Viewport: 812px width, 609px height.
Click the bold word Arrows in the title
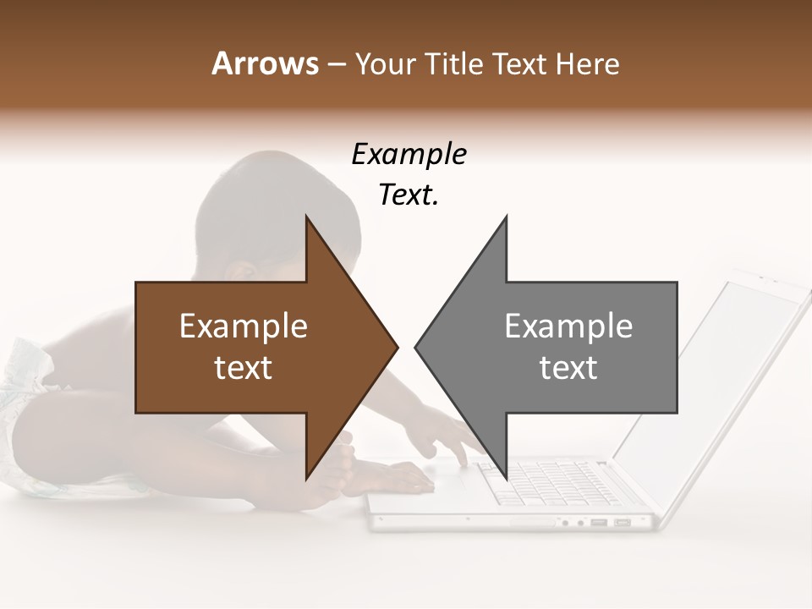[265, 63]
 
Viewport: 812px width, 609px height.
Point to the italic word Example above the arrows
[409, 155]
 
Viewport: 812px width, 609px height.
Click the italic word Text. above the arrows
[409, 195]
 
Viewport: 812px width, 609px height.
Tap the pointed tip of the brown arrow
[396, 347]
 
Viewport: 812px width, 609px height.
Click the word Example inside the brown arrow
[244, 326]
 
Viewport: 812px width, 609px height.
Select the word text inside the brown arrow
[244, 367]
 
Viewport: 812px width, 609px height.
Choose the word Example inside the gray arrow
[568, 326]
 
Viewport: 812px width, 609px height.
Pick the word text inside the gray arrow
[568, 367]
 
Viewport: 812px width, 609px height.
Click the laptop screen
[719, 372]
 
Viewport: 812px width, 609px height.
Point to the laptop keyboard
[541, 482]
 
